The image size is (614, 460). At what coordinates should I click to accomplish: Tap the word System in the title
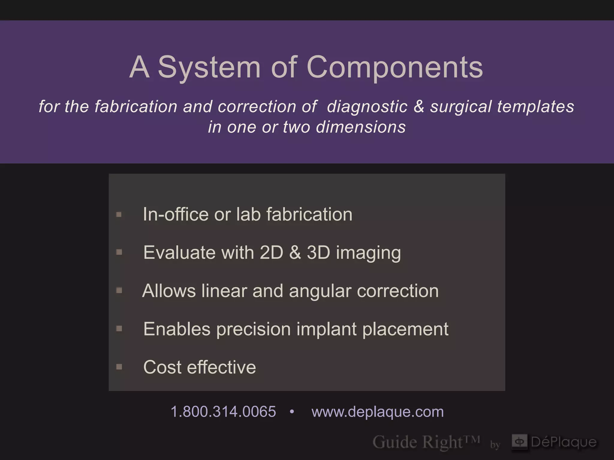pos(209,67)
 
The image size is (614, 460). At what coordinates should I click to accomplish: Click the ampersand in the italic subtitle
pos(419,107)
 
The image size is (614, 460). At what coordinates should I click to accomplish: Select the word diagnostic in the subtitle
pos(367,107)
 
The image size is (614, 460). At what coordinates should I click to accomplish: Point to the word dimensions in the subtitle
pos(361,127)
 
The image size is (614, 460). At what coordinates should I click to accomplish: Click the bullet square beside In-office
pos(119,214)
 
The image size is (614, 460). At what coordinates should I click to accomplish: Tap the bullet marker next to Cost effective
pos(119,367)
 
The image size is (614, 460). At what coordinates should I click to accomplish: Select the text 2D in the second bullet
pos(271,252)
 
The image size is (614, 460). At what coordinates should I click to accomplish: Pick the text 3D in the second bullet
pos(318,252)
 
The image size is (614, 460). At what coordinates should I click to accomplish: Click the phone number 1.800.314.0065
pos(223,411)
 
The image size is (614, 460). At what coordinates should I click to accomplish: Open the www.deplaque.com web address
pos(377,411)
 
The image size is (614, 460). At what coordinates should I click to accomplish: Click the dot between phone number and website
pos(292,412)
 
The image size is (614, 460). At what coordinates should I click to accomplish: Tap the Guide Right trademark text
pos(426,442)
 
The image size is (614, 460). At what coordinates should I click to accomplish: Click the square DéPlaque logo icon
pos(519,441)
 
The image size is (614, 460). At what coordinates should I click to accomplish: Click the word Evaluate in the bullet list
pos(179,252)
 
